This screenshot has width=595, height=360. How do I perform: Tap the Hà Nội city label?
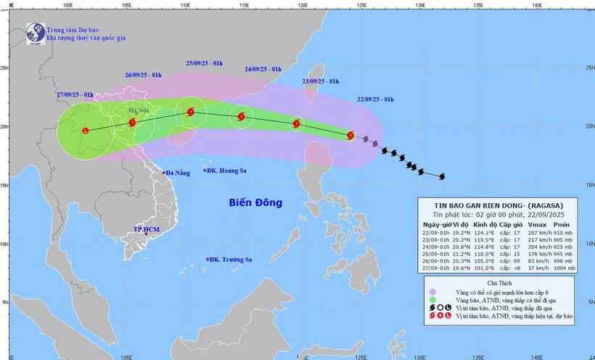[138, 110]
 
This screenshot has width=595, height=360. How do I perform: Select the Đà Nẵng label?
[177, 173]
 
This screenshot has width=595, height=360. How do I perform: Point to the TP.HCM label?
[147, 229]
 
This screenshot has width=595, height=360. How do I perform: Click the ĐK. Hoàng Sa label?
[229, 171]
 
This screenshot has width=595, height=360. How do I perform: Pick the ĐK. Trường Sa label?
[231, 259]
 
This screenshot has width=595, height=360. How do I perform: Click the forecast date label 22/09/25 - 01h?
[375, 99]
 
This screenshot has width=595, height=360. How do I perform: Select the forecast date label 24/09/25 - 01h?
[263, 70]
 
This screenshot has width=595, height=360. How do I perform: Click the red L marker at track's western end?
[86, 131]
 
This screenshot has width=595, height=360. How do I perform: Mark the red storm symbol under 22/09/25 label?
[350, 135]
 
